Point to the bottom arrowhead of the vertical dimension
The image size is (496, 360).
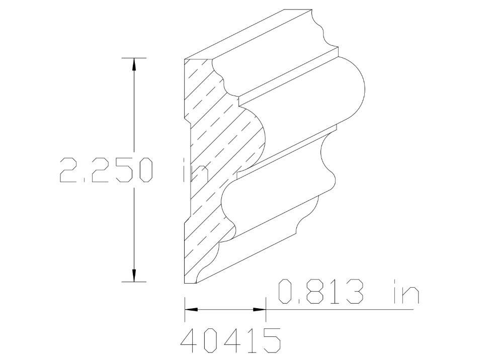[x=134, y=275]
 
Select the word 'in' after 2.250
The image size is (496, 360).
[x=194, y=169]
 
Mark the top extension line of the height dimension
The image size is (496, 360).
[x=134, y=58]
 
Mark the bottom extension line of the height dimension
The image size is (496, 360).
[x=134, y=282]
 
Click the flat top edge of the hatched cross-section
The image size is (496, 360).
[x=199, y=59]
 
